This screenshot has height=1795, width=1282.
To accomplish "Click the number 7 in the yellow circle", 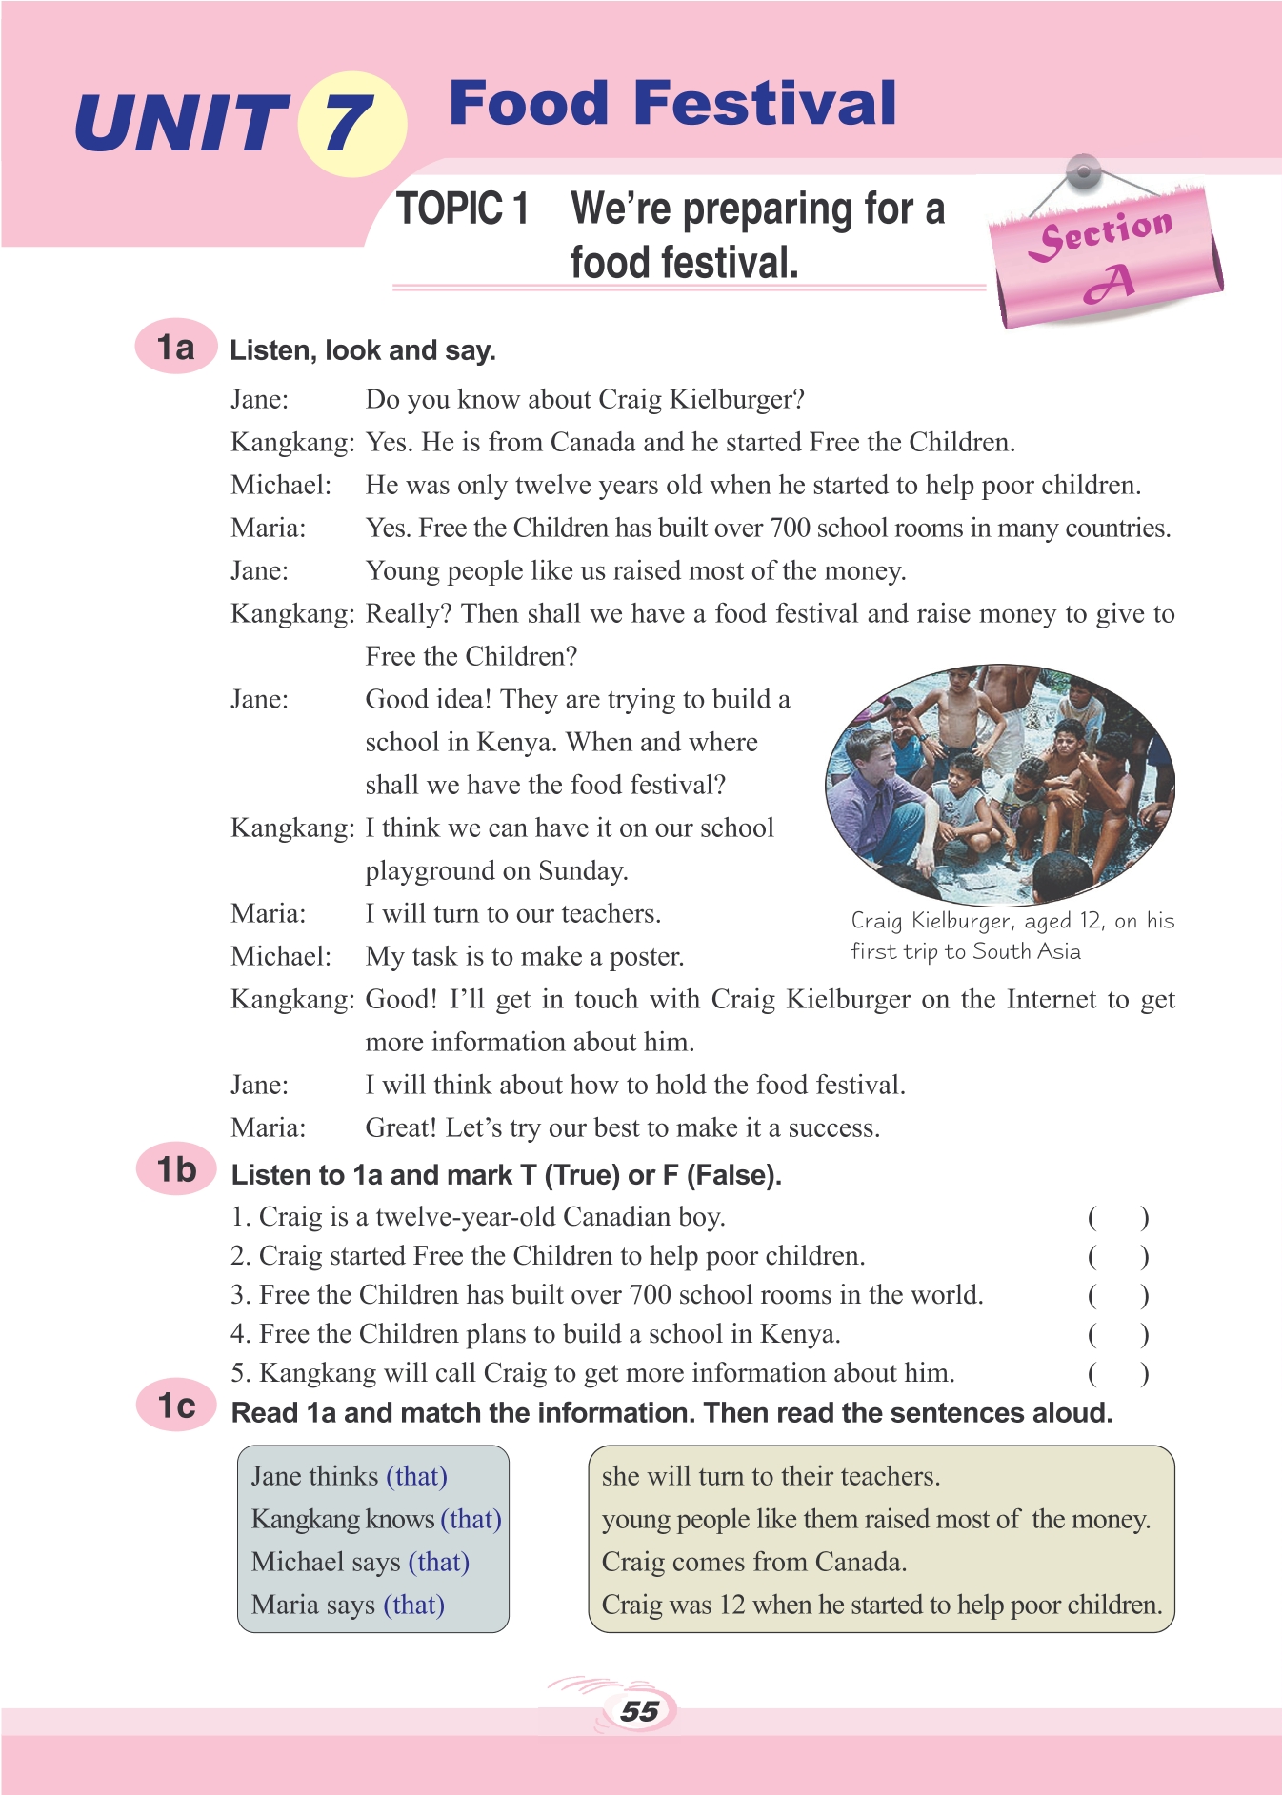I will [349, 124].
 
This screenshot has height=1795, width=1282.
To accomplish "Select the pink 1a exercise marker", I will [175, 347].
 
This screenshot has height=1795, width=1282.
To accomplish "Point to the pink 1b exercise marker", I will [176, 1169].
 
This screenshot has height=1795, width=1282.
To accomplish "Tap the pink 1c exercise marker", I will [176, 1406].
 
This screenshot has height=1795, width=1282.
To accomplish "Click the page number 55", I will [639, 1711].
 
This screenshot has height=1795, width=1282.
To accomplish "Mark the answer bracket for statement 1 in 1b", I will [1118, 1218].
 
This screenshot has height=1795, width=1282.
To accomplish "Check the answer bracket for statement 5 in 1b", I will [1118, 1374].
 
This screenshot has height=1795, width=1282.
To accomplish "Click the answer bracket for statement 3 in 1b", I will [1118, 1296].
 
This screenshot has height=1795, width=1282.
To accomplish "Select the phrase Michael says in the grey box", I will [326, 1563].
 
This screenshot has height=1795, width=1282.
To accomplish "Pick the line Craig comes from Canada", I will [753, 1563].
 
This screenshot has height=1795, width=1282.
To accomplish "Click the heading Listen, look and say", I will [363, 350].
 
